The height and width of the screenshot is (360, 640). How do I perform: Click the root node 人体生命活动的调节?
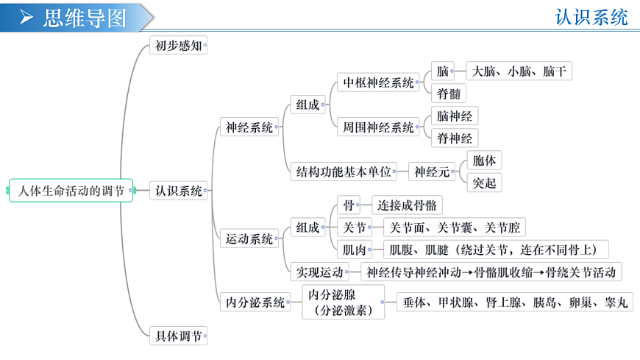click(x=71, y=191)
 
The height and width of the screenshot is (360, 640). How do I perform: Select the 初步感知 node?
click(x=178, y=46)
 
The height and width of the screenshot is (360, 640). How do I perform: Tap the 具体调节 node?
click(x=178, y=336)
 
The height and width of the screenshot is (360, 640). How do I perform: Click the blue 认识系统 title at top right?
click(x=591, y=17)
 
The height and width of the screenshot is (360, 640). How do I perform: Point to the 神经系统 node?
click(x=249, y=127)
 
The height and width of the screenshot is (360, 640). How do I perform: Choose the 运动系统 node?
click(x=249, y=239)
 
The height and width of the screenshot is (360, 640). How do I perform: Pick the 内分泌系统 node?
click(x=255, y=303)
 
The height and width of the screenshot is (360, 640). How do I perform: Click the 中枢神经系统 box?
click(x=378, y=82)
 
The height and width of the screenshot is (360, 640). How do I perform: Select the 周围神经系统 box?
click(x=378, y=127)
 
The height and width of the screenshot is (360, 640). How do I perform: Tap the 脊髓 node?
click(x=449, y=93)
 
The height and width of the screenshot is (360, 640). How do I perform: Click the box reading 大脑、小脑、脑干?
click(x=519, y=71)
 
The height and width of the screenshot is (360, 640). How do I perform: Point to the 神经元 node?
click(x=432, y=172)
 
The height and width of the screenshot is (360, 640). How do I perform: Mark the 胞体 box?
click(x=484, y=160)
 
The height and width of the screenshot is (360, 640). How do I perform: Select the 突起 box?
click(x=484, y=183)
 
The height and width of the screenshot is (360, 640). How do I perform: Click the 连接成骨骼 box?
click(x=407, y=205)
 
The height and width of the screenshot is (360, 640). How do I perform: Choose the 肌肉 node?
click(x=355, y=250)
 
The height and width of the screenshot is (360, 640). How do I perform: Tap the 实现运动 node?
click(x=319, y=272)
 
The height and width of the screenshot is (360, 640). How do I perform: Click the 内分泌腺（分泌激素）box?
click(x=344, y=303)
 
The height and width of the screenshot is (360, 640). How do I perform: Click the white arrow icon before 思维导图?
click(x=26, y=17)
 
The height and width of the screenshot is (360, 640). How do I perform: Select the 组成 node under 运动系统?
click(x=307, y=227)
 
